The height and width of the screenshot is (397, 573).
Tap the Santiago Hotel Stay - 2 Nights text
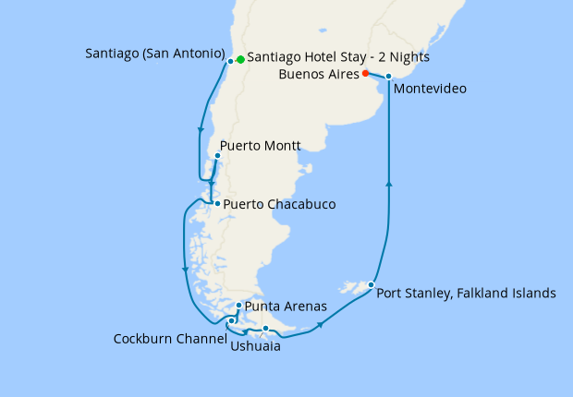[x=338, y=57]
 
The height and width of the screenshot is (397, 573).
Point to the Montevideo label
[x=429, y=90]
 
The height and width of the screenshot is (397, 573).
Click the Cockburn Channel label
[x=170, y=339]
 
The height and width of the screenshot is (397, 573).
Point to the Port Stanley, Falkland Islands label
[x=467, y=294]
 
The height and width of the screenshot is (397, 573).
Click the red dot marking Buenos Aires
[x=366, y=73]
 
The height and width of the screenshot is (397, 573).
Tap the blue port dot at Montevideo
[x=389, y=77]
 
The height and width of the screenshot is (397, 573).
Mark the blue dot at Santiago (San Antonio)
[x=230, y=61]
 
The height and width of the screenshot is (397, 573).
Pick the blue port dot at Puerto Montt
[x=216, y=155]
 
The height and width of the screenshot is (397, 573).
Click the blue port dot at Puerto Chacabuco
[x=217, y=203]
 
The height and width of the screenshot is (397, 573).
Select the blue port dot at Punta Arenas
[x=239, y=306]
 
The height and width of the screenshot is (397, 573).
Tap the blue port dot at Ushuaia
[x=265, y=329]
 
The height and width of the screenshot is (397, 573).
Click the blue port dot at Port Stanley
[x=371, y=284]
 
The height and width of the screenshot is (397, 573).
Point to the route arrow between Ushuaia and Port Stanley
[x=320, y=324]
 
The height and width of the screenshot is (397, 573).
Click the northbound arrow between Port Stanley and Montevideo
[x=388, y=184]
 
